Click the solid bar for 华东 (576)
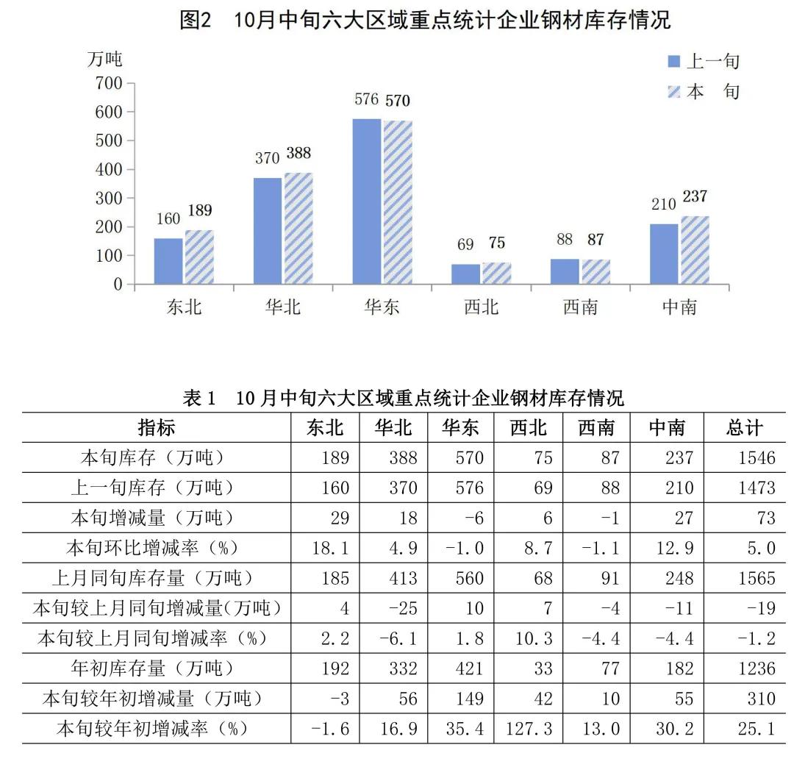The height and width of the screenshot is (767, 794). pos(367,201)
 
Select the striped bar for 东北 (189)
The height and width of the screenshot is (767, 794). pos(199,257)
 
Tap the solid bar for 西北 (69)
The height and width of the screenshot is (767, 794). pos(465,274)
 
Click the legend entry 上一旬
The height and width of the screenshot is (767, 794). pos(703,61)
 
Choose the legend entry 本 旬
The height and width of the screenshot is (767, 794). pos(703,92)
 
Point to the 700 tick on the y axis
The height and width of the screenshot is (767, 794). pos(108,83)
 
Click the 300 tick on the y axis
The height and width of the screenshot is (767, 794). pos(108,198)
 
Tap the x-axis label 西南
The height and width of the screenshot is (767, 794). pos(580,307)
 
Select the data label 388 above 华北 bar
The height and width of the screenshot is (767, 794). pos(298,154)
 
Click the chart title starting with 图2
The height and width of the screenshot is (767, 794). pos(425,20)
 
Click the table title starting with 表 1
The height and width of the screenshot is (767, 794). pos(403,398)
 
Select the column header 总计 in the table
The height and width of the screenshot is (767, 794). pos(744,427)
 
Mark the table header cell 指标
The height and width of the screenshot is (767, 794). pos(157,427)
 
